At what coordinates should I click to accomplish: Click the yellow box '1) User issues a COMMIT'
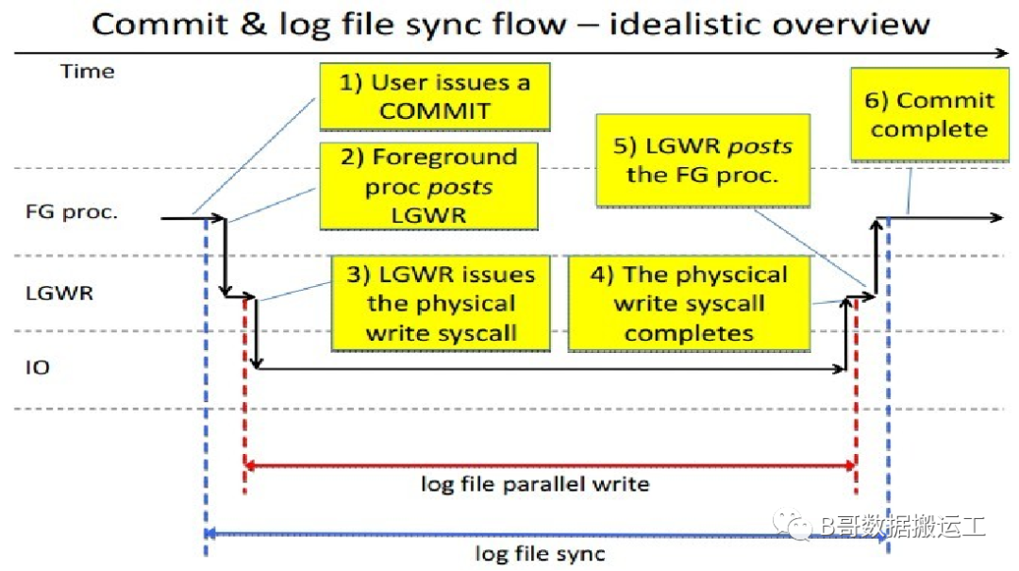click(x=435, y=95)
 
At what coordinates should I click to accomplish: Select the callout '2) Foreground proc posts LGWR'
click(x=429, y=186)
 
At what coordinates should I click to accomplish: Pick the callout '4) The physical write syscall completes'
click(x=689, y=303)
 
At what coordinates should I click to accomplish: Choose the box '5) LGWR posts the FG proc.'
click(x=705, y=160)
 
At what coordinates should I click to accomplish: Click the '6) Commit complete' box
click(x=927, y=114)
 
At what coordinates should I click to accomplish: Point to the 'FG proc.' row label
click(x=72, y=211)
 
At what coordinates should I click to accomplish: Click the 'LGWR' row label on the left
click(x=59, y=293)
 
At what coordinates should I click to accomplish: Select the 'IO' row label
click(x=38, y=368)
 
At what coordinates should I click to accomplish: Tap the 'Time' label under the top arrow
click(x=88, y=71)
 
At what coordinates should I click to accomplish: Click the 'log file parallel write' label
click(x=535, y=484)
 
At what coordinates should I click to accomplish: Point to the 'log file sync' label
click(x=540, y=553)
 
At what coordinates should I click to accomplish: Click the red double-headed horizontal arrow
click(x=550, y=464)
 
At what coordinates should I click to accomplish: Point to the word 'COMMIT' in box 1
click(x=435, y=110)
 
